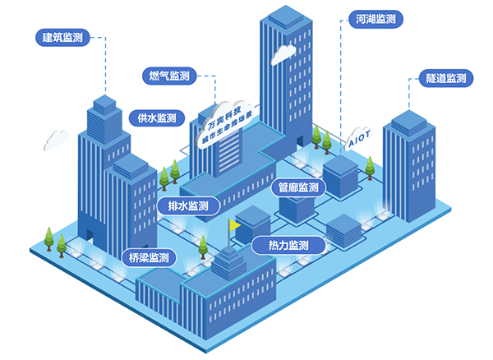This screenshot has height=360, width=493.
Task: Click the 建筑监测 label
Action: tap(62, 37)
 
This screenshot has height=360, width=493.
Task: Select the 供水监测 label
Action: tap(152, 118)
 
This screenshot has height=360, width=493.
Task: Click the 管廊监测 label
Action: tap(298, 189)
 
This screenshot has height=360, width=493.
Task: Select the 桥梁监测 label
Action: tap(149, 258)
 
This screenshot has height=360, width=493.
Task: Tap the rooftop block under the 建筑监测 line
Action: tap(104, 104)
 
